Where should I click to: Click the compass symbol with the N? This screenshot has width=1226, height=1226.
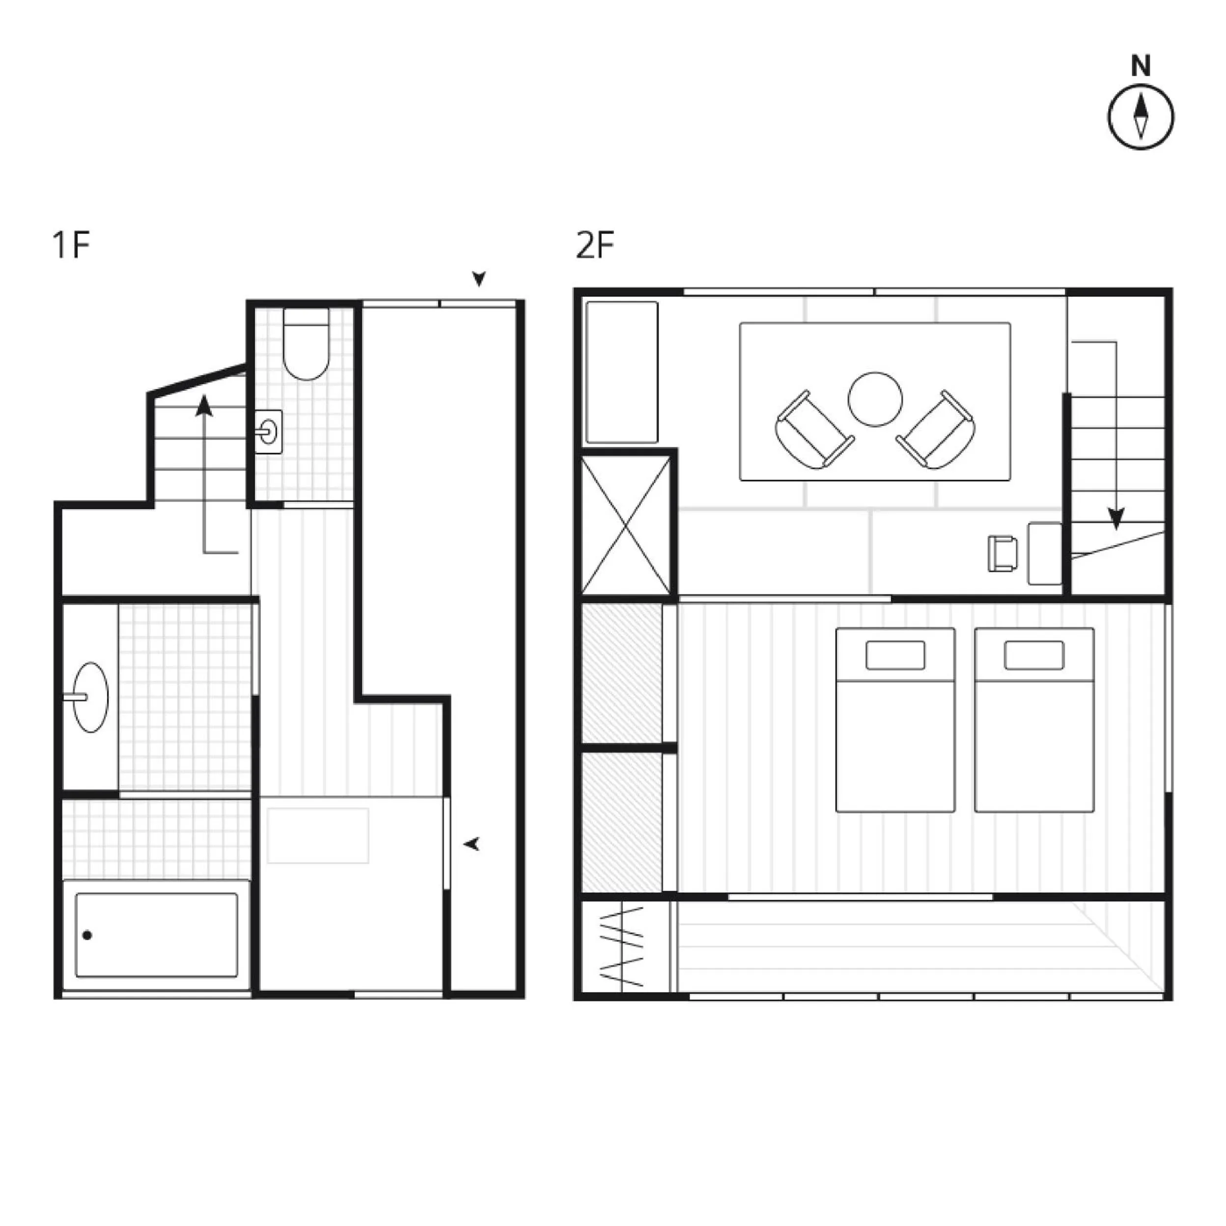(x=1141, y=117)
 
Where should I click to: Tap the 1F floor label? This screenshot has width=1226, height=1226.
(x=71, y=245)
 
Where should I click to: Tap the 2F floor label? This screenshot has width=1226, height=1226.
(x=595, y=245)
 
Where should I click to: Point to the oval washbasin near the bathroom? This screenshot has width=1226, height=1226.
(x=90, y=697)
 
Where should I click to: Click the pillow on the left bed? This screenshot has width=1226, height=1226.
(x=895, y=655)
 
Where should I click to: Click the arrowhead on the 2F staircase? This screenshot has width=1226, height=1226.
(x=1116, y=519)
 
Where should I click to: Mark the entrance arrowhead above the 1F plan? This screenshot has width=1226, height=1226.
(x=478, y=279)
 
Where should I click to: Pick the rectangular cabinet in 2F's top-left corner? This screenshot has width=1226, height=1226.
(x=622, y=372)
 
